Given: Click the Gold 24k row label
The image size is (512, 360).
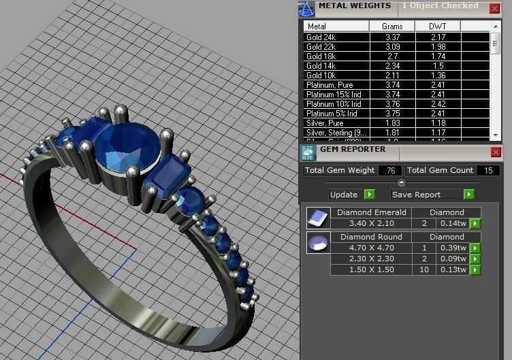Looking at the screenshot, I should click(321, 37).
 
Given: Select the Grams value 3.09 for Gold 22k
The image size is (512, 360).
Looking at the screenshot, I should click(392, 47).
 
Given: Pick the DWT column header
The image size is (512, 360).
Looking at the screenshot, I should click(438, 27).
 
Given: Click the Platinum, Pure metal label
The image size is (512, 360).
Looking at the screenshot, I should click(330, 85).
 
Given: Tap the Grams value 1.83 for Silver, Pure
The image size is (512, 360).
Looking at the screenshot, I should click(392, 123).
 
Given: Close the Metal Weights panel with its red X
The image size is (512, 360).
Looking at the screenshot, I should click(494, 8).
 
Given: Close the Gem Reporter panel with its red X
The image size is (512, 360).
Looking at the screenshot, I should click(496, 152).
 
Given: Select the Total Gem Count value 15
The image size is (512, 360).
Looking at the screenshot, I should click(487, 170).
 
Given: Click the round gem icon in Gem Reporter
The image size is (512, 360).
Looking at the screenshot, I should click(316, 243).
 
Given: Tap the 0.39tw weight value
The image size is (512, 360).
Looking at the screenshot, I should click(451, 248).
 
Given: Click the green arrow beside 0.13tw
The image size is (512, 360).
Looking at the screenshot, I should click(475, 270).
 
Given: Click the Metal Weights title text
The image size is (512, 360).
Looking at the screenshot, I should click(355, 6).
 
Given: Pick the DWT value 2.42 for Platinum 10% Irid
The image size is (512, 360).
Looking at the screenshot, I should click(438, 104).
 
